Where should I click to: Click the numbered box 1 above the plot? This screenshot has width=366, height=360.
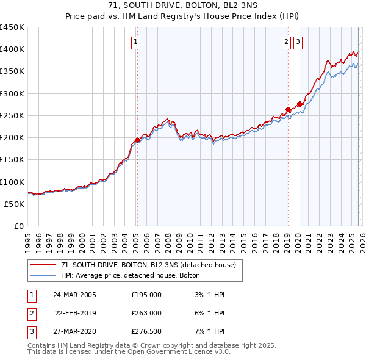coord(135,42)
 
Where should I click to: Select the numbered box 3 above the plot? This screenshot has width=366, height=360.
coord(298,42)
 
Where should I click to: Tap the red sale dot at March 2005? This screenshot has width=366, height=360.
coord(137,140)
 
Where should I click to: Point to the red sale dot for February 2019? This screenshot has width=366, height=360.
coord(287,110)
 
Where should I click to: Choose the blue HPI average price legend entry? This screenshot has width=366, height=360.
coord(135,276)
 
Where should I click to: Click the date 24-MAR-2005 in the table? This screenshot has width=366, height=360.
coord(74,295)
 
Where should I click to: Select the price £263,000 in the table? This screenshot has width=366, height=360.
coord(146,313)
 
